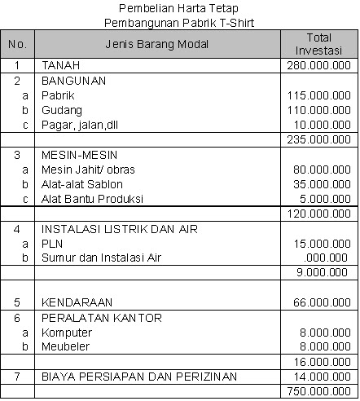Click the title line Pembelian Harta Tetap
(179, 8)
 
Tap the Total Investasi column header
(318, 44)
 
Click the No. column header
(17, 44)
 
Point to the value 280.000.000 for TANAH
(318, 64)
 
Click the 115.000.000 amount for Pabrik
(318, 95)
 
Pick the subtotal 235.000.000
(318, 139)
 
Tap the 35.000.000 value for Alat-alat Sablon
(321, 184)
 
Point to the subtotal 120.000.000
(318, 214)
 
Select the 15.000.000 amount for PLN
(321, 244)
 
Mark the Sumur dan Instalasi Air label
(102, 258)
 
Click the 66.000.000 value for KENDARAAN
(321, 302)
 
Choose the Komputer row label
(67, 333)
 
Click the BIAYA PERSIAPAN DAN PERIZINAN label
(139, 377)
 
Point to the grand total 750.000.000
(318, 392)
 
